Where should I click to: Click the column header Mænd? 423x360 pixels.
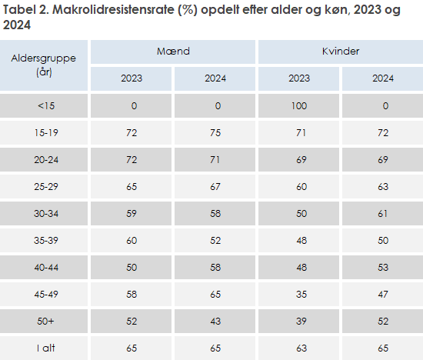click(x=173, y=52)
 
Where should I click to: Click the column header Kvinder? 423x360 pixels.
click(x=340, y=52)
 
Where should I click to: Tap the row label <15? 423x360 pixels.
click(x=45, y=106)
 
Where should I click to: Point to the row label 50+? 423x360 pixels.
click(x=45, y=320)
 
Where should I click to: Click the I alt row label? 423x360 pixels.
click(x=45, y=347)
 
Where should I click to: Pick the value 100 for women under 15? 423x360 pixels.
click(x=298, y=106)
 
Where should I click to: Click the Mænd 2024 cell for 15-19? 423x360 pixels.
click(x=215, y=133)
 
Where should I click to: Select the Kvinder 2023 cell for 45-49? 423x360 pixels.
click(x=298, y=293)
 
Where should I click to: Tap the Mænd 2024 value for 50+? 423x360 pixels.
click(x=215, y=320)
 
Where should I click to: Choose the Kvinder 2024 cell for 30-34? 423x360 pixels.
click(x=382, y=213)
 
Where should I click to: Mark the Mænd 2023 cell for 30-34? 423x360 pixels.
click(x=132, y=213)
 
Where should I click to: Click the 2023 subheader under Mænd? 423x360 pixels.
click(x=132, y=78)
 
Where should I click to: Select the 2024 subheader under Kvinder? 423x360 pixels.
click(x=382, y=78)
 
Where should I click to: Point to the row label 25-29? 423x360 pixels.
click(x=45, y=186)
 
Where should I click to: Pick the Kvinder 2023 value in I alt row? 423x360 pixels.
click(x=298, y=347)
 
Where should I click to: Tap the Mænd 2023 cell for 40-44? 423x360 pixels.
click(x=132, y=266)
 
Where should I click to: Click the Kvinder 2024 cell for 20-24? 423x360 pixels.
click(x=382, y=160)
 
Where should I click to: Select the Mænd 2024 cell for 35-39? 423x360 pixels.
click(x=215, y=240)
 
